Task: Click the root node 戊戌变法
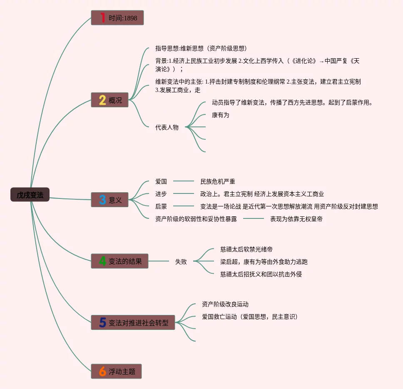30,195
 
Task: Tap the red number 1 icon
102,17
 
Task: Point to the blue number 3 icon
102,200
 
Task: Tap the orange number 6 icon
102,372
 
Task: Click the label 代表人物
167,127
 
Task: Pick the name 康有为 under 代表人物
221,115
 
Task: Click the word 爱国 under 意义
161,181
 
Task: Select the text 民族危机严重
218,181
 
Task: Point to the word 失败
181,262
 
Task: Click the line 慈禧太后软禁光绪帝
246,249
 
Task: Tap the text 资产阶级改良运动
225,304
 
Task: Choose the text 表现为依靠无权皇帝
296,219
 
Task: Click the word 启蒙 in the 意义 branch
161,206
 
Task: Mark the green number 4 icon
102,261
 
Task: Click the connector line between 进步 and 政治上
184,193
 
